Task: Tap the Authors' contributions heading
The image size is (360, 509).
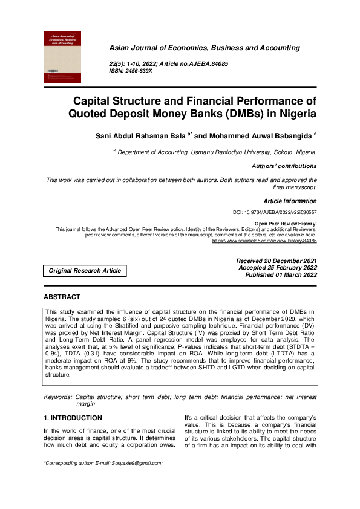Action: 284,166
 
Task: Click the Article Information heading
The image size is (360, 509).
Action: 290,201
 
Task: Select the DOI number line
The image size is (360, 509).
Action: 275,213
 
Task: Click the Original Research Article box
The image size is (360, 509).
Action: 85,270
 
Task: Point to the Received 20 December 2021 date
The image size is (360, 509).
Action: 277,261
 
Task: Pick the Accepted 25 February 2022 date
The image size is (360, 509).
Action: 278,268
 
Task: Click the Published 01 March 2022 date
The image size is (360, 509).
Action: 281,275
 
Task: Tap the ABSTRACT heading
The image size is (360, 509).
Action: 62,297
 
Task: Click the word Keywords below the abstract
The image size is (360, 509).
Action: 59,397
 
